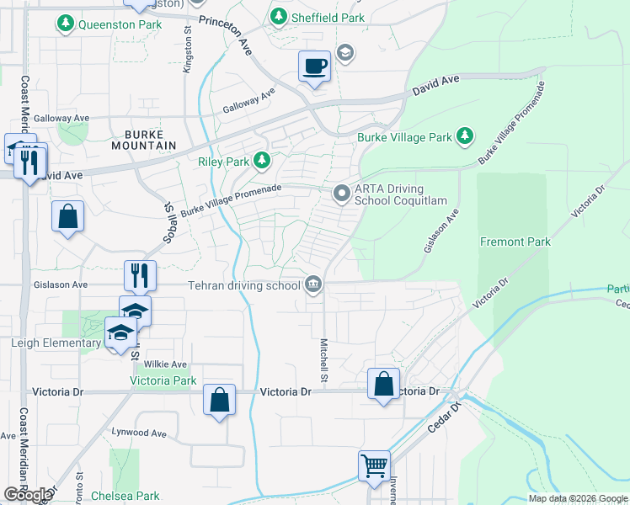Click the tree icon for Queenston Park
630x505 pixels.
coord(65,24)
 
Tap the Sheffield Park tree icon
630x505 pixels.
coord(279,16)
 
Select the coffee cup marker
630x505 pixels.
coord(315,66)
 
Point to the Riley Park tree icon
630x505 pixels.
coord(263,161)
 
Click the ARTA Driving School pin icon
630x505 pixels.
coord(341,194)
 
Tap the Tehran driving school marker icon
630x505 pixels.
coord(313,284)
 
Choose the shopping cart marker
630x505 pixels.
coord(374,464)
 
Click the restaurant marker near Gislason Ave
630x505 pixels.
coord(140,274)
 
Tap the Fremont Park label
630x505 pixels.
coord(515,242)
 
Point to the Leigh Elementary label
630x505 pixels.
coord(56,343)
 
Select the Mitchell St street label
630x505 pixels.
coord(323,362)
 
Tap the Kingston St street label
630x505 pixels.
coord(188,50)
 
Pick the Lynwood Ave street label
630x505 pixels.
coord(139,433)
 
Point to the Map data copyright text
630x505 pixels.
coord(577,498)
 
